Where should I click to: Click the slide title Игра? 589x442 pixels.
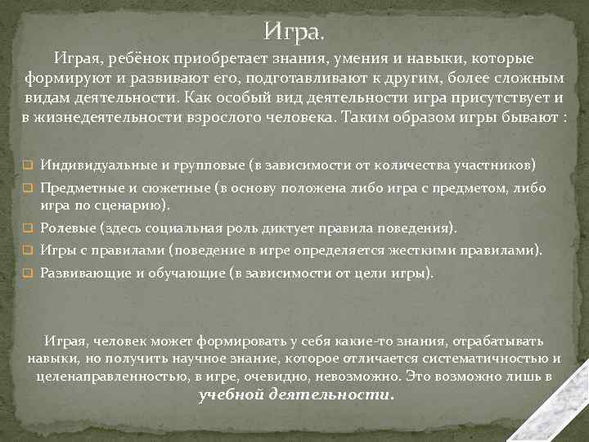point(294,34)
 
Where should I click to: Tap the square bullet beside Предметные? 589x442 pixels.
point(27,188)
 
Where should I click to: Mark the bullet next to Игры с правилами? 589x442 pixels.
point(27,250)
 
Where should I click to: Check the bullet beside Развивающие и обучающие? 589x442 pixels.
point(27,273)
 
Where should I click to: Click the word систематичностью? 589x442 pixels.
point(487,359)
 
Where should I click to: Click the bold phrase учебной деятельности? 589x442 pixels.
point(296,395)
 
